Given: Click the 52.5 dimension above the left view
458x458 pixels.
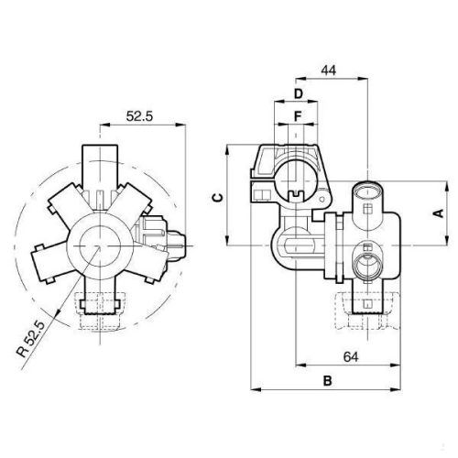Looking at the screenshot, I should coord(140,116).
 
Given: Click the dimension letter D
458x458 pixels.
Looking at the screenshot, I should coord(299,94).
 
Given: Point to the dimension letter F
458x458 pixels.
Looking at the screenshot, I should coord(299,116).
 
